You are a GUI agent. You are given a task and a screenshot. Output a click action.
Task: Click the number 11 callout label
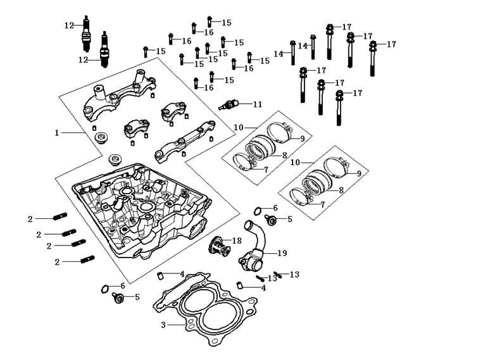tap(258, 104)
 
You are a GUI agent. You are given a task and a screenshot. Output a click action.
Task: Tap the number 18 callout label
tap(237, 241)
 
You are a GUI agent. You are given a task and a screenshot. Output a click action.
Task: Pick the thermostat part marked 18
tap(219, 246)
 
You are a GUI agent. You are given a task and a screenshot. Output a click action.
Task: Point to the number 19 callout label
tap(282, 253)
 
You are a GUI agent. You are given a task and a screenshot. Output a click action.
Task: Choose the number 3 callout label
tap(163, 325)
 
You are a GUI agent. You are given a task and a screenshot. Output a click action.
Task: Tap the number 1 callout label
tap(56, 133)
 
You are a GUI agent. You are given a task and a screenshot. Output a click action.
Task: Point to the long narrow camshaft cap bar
tap(185, 139)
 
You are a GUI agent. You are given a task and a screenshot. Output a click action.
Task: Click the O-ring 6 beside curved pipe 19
tap(258, 211)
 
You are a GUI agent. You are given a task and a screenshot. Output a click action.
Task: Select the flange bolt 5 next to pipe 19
tap(270, 220)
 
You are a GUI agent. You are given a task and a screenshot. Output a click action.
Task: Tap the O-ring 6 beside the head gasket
tap(104, 289)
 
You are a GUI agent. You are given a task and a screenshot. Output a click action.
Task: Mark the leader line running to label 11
tap(246, 104)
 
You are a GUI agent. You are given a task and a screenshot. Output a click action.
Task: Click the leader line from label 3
tap(177, 325)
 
